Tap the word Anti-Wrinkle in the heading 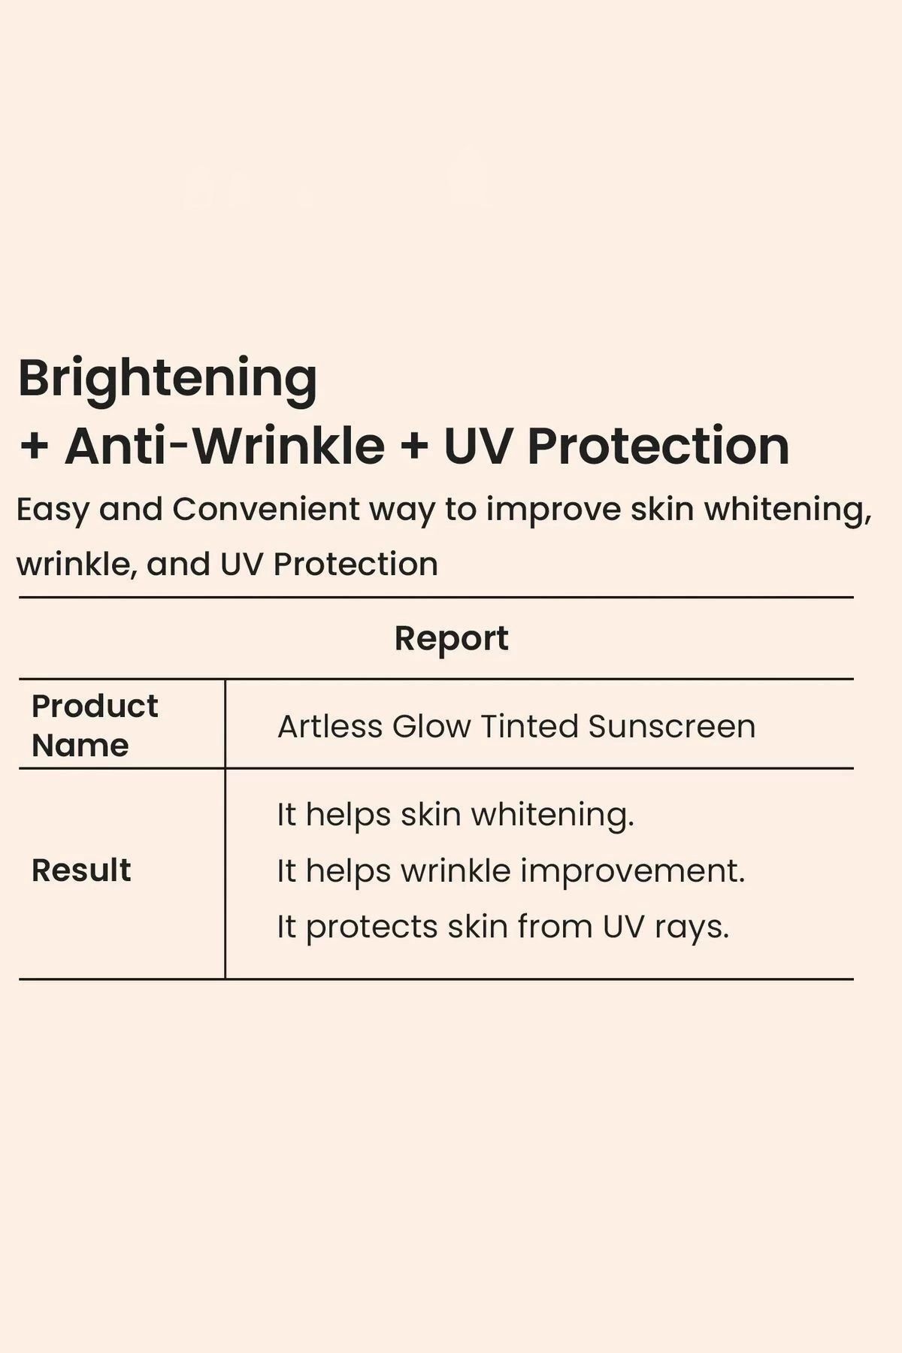click(x=225, y=446)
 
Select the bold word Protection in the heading click(x=658, y=446)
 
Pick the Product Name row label click(x=95, y=725)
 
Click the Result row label click(x=81, y=870)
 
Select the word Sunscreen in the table click(x=672, y=726)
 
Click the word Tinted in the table click(x=529, y=726)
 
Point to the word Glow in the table click(x=431, y=726)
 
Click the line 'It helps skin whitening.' click(x=456, y=816)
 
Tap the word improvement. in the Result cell click(x=632, y=872)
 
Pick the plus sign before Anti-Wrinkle click(x=34, y=446)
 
